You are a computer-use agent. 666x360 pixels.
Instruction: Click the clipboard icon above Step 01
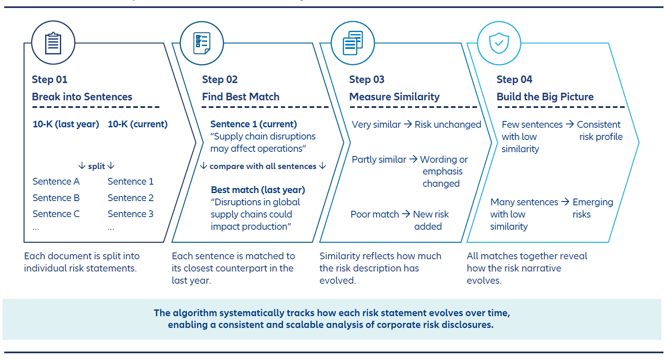[x=53, y=43]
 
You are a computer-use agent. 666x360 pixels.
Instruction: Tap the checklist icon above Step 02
[x=202, y=43]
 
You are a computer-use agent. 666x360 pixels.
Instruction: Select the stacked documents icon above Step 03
[x=353, y=43]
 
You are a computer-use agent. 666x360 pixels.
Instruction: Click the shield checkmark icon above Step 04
[x=499, y=43]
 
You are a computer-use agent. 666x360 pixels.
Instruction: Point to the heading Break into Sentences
[x=82, y=97]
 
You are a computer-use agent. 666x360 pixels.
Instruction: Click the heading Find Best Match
[x=241, y=97]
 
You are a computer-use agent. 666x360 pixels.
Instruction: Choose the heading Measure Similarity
[x=394, y=97]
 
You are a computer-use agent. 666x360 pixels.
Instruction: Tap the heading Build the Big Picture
[x=545, y=97]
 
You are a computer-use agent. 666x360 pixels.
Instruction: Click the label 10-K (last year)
[x=66, y=124]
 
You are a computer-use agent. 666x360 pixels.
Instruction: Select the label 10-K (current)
[x=138, y=124]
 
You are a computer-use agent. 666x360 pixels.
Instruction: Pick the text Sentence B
[x=56, y=198]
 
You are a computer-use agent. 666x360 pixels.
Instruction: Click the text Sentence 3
[x=130, y=214]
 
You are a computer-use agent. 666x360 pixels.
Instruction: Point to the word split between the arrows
[x=97, y=167]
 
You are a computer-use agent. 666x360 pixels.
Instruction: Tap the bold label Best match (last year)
[x=258, y=190]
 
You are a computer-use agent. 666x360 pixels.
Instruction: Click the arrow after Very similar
[x=407, y=124]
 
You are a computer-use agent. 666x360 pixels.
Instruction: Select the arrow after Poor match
[x=406, y=214]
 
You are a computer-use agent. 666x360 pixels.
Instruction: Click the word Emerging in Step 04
[x=593, y=202]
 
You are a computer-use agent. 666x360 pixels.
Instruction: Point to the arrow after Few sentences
[x=570, y=124]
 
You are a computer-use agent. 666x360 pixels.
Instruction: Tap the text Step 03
[x=367, y=80]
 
